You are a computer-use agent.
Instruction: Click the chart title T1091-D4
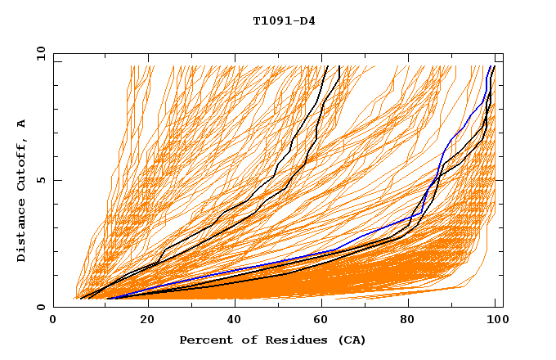284,20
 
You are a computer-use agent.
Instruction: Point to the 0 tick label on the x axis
53,322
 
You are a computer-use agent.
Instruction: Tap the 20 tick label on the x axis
142,322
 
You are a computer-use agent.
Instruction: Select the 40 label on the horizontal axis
231,322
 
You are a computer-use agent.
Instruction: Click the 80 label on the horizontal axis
408,322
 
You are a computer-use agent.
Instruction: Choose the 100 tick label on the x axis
494,322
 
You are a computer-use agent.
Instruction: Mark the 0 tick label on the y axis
40,308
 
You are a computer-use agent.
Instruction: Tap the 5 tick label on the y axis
40,180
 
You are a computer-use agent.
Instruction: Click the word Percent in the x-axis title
204,340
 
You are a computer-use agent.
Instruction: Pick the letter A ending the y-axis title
22,123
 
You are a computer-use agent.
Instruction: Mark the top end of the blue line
490,66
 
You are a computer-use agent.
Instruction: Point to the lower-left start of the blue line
108,299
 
